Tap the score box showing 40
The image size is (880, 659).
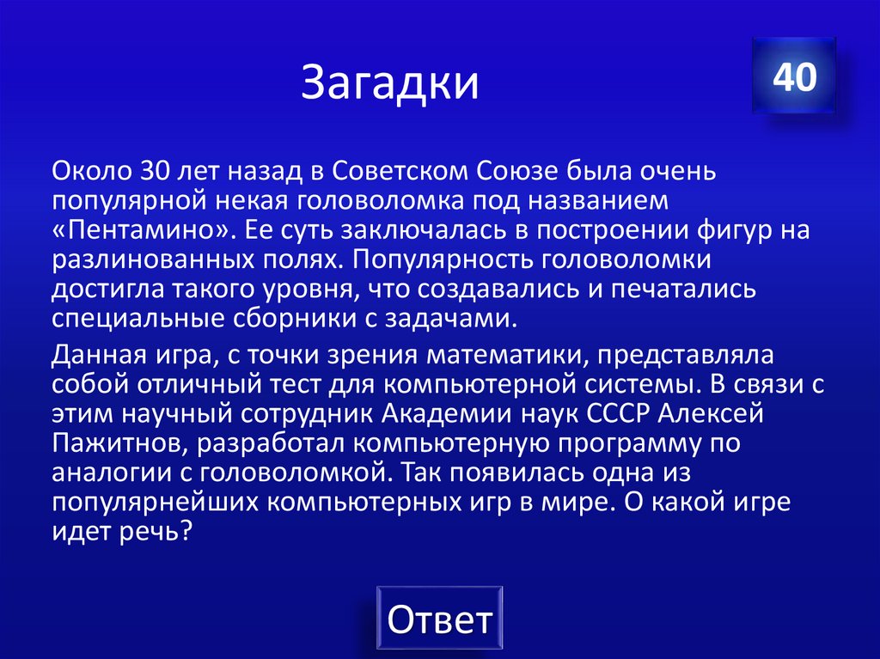(x=793, y=77)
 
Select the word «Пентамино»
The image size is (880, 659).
(x=142, y=231)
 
